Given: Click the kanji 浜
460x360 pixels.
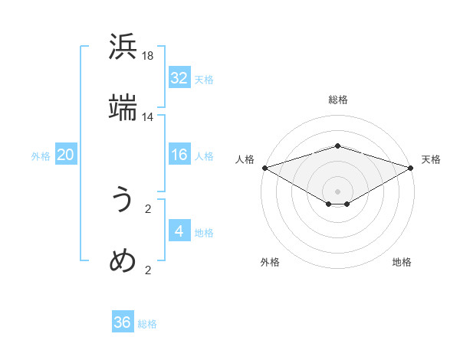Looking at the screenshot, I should (123, 48).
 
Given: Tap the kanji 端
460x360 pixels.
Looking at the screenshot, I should (123, 107).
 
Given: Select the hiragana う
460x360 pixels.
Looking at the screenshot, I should (123, 201).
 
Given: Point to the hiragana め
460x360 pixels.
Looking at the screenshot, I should (123, 261).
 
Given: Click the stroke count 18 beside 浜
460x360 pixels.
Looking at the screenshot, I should (148, 56).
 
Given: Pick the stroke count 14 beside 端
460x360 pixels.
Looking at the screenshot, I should (148, 117).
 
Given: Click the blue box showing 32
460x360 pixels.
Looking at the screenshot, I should (179, 78).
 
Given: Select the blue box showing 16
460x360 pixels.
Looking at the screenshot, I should (179, 155).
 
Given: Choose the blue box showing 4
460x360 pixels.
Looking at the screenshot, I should (179, 232).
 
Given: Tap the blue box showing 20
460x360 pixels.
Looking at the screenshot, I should (65, 155).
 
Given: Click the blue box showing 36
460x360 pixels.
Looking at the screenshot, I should (122, 323).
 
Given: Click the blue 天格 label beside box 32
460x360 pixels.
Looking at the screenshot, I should (204, 79).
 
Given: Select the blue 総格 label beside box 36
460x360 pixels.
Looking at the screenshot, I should (147, 324).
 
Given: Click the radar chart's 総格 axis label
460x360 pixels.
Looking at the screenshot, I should (337, 100).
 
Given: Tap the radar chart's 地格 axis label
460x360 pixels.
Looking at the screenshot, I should (402, 262).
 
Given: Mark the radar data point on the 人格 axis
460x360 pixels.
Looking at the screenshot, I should (264, 168).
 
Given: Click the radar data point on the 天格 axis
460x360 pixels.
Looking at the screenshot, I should (411, 168).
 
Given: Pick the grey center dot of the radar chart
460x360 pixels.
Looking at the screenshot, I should (337, 191).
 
